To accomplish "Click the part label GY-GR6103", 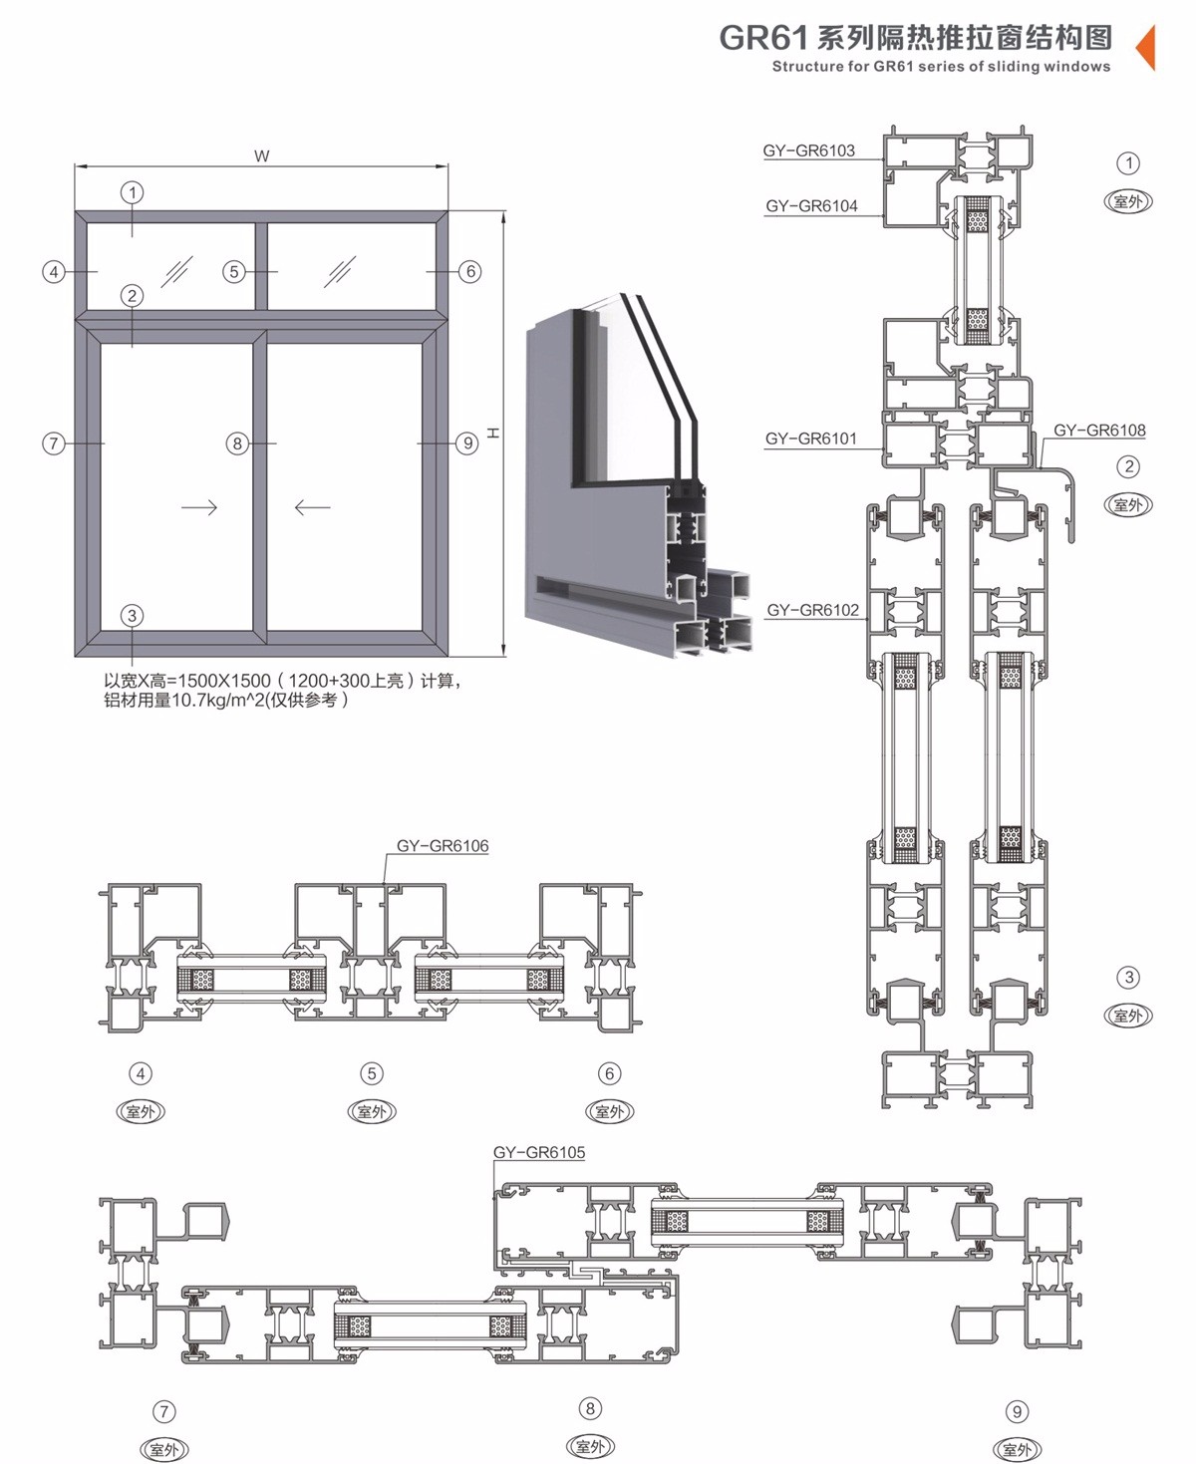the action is (808, 150).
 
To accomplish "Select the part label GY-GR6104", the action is (811, 206).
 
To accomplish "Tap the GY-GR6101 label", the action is (810, 439).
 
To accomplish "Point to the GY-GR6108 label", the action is (1099, 431).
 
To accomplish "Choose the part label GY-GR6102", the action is (813, 610).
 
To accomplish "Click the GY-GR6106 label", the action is (443, 846).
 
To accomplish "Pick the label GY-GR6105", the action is (538, 1152).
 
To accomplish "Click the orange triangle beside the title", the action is (1146, 47).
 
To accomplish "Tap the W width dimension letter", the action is (262, 156).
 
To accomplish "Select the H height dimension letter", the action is (492, 434).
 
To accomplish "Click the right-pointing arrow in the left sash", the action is (199, 507).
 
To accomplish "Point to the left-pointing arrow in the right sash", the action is (312, 507).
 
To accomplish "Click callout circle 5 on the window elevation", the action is (234, 271).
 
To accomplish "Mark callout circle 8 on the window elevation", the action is (237, 442).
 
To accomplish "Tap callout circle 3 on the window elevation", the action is (132, 615).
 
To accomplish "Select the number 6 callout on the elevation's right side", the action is (470, 271).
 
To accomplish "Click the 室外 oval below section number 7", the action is (164, 1449).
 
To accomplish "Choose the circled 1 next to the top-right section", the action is (1128, 163).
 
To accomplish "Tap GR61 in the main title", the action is (763, 38).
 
